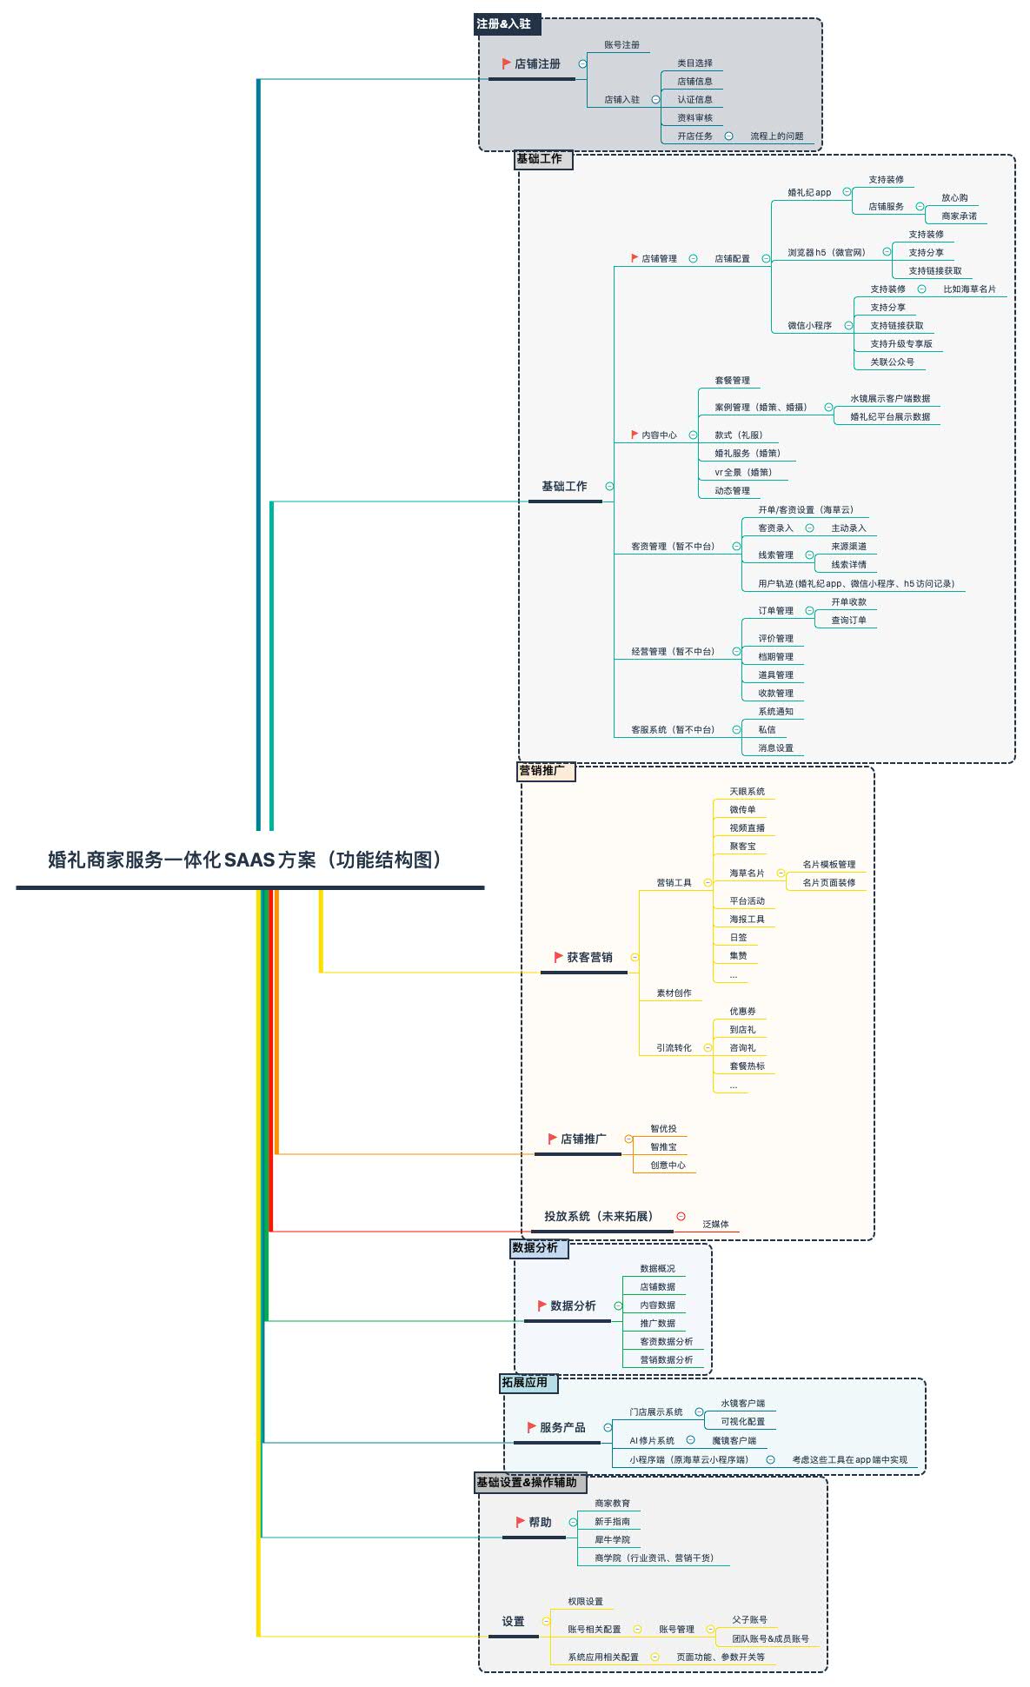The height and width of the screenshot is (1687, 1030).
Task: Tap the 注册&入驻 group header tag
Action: click(x=504, y=24)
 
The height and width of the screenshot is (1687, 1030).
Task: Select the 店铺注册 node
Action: click(x=537, y=63)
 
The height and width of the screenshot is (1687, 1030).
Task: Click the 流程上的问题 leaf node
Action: click(x=776, y=136)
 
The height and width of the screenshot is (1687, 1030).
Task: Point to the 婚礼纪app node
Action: click(x=809, y=192)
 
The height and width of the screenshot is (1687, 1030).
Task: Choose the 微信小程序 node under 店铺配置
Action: click(x=809, y=326)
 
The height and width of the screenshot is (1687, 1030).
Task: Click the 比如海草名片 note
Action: click(x=969, y=289)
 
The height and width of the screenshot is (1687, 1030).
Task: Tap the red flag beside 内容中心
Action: click(x=635, y=435)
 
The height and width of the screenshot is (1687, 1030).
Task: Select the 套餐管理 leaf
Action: click(x=732, y=381)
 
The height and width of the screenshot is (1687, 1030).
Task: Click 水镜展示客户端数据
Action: click(x=889, y=399)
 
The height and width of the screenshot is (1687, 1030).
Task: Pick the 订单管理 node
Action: click(x=775, y=611)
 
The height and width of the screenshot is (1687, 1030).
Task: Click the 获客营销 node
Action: click(x=589, y=957)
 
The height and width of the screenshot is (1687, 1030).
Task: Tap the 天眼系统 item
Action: click(x=747, y=792)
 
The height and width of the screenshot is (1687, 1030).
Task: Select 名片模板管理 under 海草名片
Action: click(x=828, y=865)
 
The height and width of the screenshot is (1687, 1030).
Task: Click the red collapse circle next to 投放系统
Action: click(x=681, y=1217)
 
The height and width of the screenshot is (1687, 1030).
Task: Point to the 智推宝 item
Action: click(x=663, y=1147)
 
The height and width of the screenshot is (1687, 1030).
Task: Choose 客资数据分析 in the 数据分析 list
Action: click(x=666, y=1342)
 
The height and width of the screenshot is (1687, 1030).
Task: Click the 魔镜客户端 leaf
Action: click(x=734, y=1441)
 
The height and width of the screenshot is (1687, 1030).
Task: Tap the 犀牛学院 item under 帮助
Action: click(x=612, y=1540)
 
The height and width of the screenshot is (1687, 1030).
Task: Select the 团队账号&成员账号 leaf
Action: click(x=770, y=1639)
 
